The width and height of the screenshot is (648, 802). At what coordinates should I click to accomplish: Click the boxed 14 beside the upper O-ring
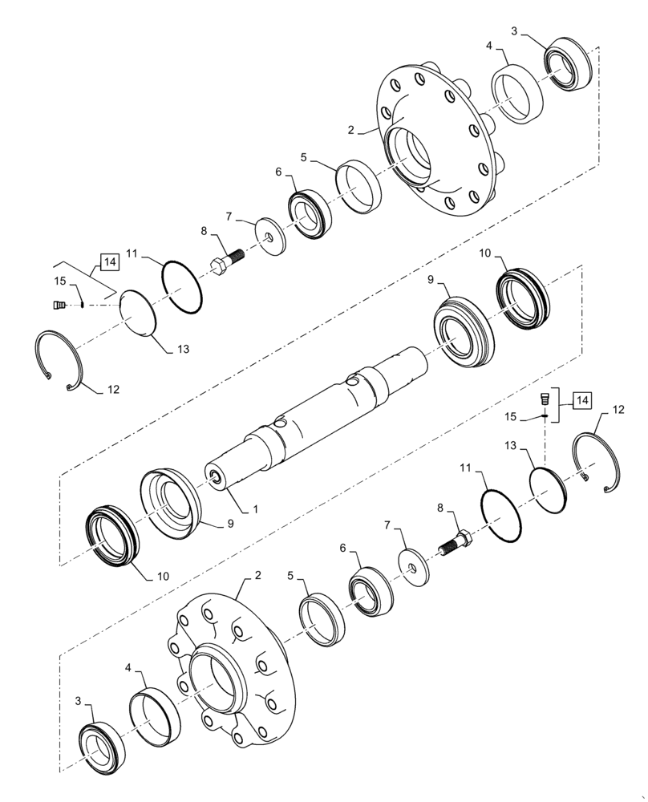click(x=110, y=261)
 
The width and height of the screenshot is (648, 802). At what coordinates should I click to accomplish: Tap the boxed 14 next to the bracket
click(x=581, y=399)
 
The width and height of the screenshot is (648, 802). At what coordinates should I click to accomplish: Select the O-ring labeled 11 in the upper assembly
click(x=182, y=285)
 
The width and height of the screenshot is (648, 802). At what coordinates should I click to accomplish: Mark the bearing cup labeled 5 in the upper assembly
click(x=358, y=187)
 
